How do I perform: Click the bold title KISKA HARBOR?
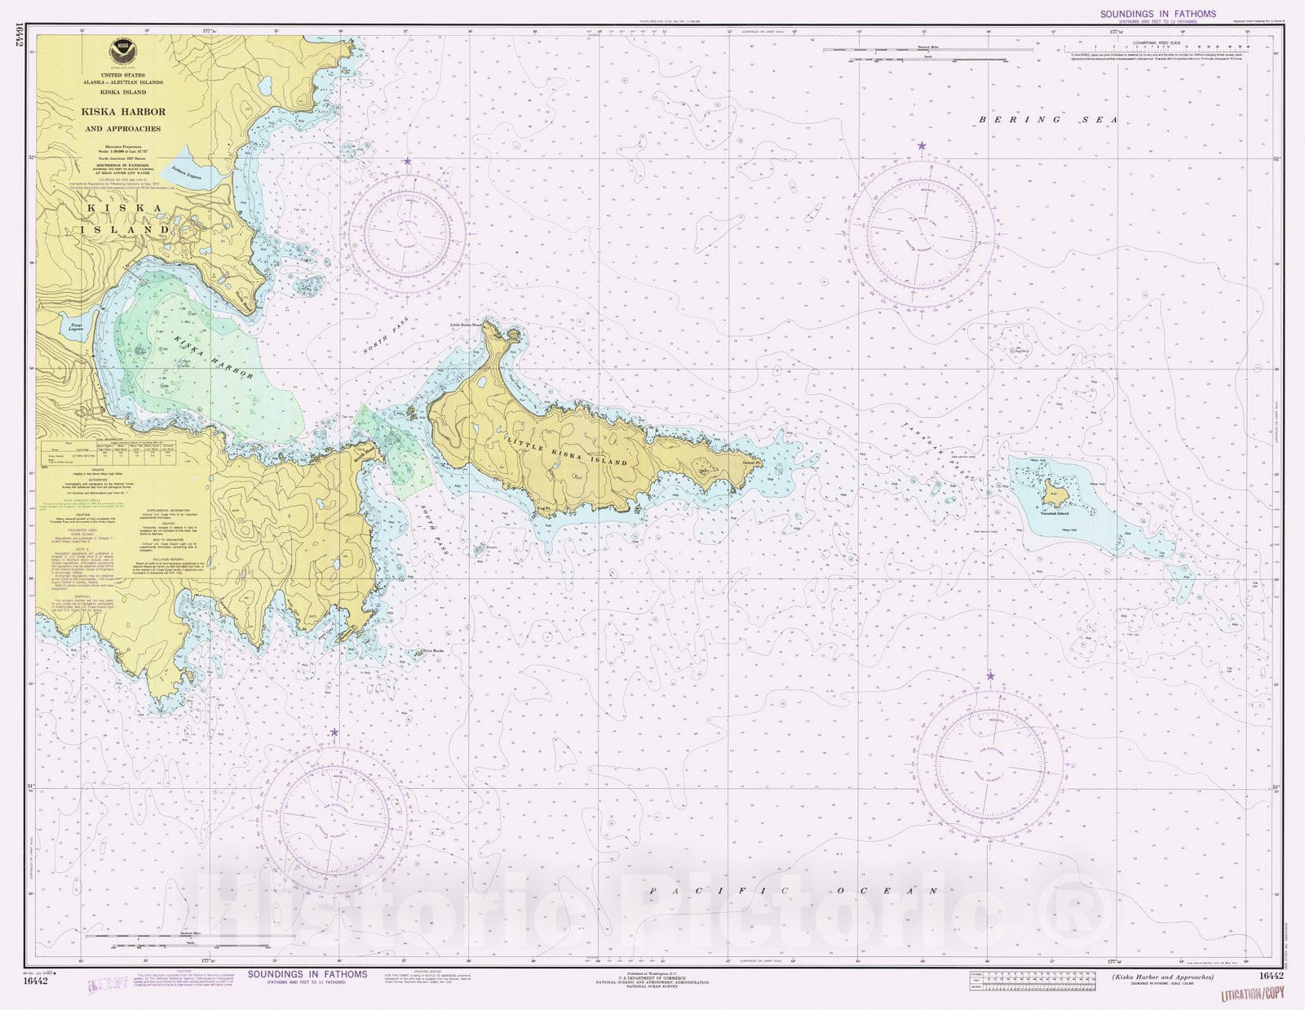tap(122, 112)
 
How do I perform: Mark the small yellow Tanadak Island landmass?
tap(1052, 494)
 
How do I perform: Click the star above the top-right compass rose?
tap(922, 146)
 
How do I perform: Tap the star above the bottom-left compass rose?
tap(334, 733)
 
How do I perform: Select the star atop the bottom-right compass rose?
tap(990, 676)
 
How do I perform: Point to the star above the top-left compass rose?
tap(407, 162)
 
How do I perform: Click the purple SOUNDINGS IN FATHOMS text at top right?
tap(1157, 14)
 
